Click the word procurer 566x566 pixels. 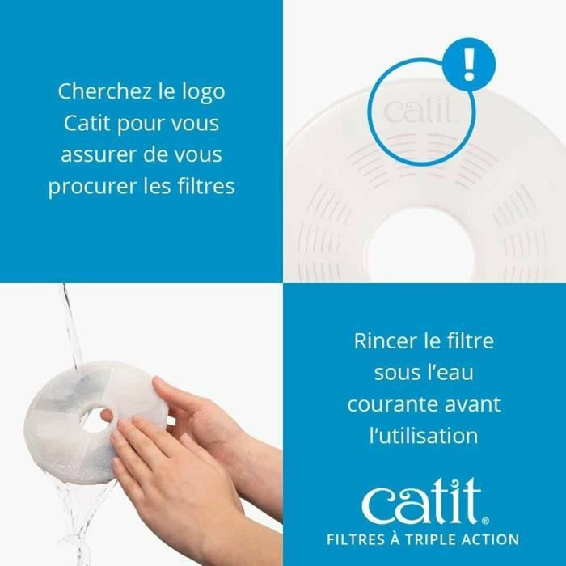pos(83,186)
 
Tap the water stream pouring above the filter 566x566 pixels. pos(71,323)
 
